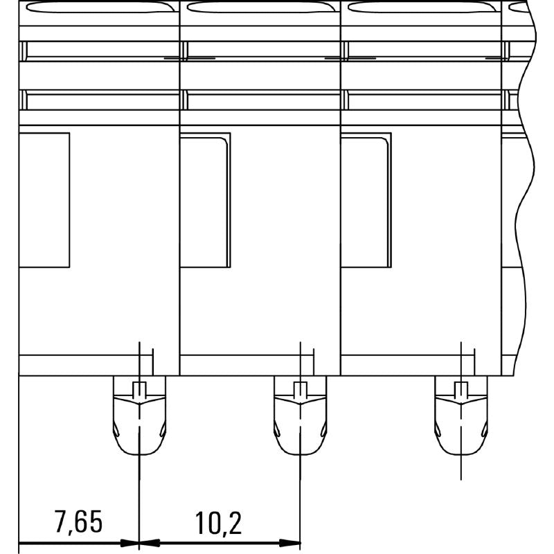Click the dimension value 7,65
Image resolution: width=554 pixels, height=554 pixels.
click(78, 521)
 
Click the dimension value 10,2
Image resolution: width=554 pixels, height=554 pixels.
click(218, 521)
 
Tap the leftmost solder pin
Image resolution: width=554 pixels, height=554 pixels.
click(139, 415)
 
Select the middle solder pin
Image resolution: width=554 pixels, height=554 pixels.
click(300, 415)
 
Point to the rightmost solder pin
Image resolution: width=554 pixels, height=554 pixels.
click(461, 415)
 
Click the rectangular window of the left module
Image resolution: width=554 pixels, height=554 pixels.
click(44, 200)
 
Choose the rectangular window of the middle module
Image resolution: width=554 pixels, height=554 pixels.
click(205, 200)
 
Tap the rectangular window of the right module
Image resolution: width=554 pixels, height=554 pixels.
click(366, 200)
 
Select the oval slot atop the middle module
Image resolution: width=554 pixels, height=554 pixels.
click(262, 7)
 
